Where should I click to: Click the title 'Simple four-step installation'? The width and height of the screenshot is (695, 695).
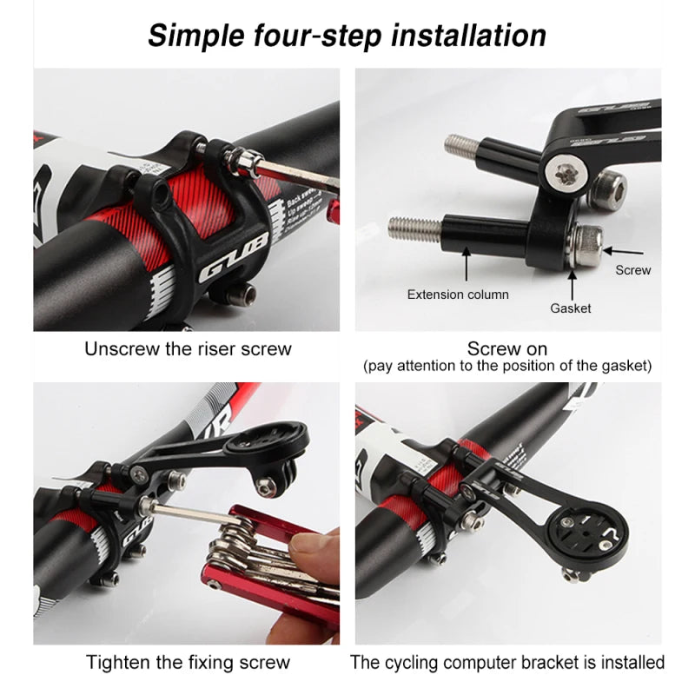coord(347,36)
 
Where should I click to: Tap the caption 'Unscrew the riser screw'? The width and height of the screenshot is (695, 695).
coord(188,349)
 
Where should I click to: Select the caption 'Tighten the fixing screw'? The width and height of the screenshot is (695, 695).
coord(188,663)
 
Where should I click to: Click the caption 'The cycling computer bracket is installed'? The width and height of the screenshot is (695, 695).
coord(507,663)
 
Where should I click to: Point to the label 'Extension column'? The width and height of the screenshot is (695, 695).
coord(458,295)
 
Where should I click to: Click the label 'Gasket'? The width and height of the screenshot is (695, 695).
coord(571,308)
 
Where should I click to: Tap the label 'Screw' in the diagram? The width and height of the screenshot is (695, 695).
coord(632,270)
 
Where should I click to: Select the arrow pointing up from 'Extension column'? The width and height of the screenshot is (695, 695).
coord(466,265)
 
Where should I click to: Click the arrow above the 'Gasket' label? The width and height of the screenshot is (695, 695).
coord(572,283)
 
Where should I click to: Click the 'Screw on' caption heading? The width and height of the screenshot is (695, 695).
coord(507,348)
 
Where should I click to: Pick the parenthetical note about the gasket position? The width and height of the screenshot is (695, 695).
coord(507,366)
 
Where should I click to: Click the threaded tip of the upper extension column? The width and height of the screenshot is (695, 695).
coord(459,142)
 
